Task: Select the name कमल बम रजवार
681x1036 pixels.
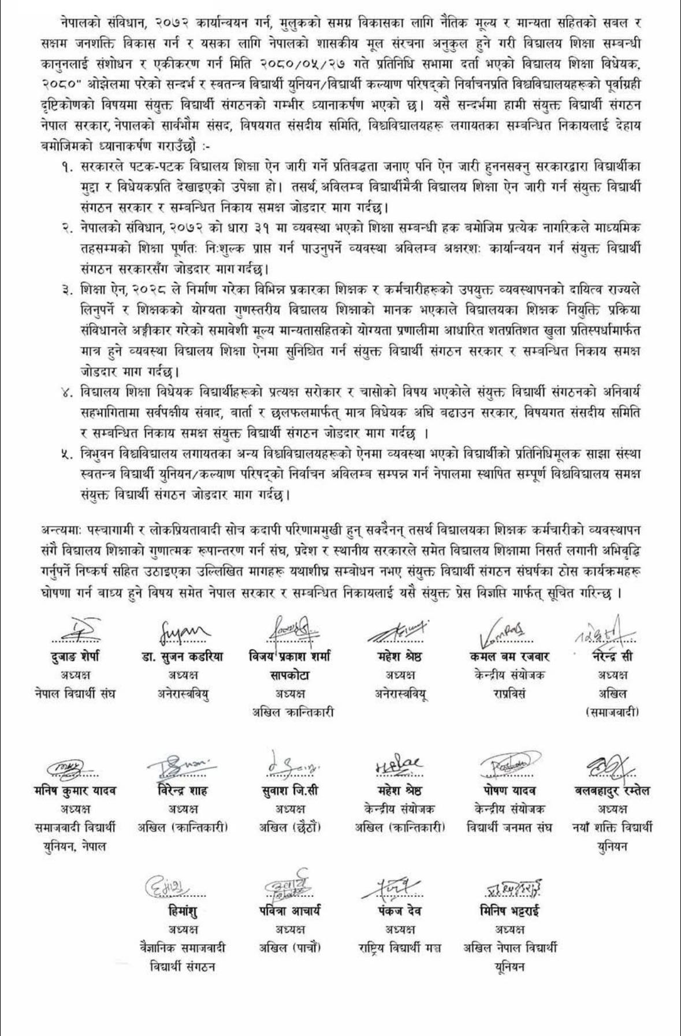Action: [x=509, y=656]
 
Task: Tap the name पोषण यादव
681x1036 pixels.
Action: [x=509, y=790]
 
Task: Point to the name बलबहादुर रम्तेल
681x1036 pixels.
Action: [x=612, y=790]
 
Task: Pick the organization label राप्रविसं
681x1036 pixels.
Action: [x=509, y=693]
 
